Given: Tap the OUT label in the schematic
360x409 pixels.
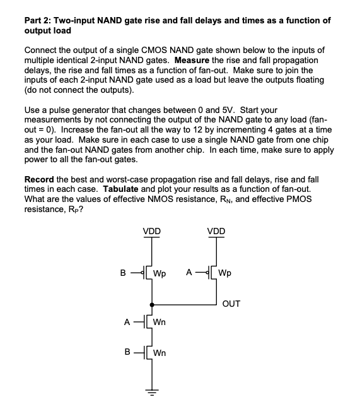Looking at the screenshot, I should click(231, 304).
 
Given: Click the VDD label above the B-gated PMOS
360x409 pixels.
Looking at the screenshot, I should click(151, 231).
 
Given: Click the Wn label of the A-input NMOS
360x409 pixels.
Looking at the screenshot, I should click(160, 322).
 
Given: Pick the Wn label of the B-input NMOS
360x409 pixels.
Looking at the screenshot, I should click(160, 353).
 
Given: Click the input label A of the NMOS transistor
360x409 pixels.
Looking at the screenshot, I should click(126, 321).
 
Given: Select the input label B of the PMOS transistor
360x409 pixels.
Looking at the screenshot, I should click(123, 273).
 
